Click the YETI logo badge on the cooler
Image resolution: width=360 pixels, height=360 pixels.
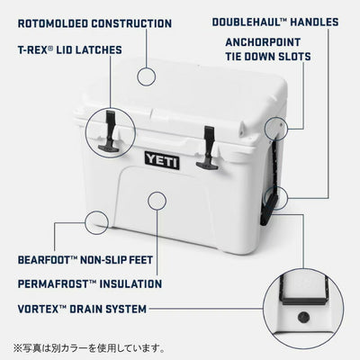[162, 160]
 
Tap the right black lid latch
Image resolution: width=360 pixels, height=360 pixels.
[208, 148]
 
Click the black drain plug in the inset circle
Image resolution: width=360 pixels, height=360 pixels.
[303, 317]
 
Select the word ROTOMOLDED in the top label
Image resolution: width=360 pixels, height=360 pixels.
[53, 23]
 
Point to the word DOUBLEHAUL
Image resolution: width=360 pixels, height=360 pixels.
[246, 22]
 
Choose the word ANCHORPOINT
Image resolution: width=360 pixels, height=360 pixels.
[263, 42]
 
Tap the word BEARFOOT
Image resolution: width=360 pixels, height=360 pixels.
[44, 260]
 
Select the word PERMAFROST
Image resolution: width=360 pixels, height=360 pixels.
[53, 283]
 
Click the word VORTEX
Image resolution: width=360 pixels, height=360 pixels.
[38, 309]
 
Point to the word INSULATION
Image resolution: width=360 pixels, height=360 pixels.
[130, 283]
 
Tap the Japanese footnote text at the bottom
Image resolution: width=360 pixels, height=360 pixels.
[89, 348]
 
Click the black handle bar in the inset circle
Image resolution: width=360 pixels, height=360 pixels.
[303, 301]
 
